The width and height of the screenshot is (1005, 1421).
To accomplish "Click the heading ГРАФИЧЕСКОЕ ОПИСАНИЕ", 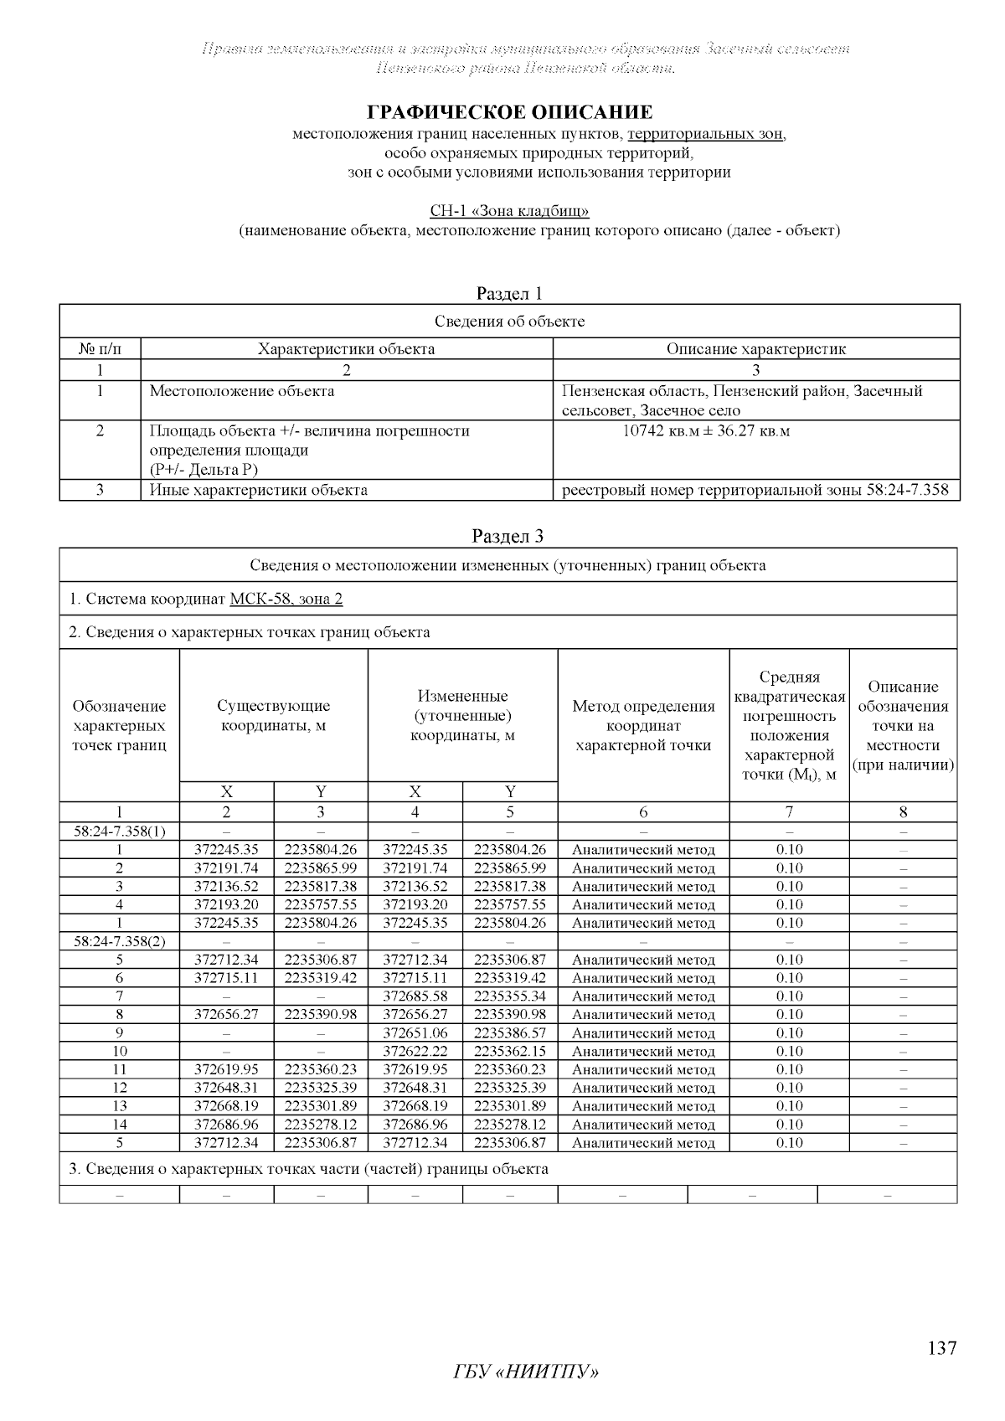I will [510, 112].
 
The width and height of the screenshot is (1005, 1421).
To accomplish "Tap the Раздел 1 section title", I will [509, 293].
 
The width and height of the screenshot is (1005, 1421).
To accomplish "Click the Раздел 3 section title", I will [509, 536].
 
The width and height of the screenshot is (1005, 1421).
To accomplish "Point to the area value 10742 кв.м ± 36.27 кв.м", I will [707, 431].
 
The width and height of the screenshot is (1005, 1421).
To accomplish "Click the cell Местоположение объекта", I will [242, 391].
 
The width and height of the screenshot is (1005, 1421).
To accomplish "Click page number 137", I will [942, 1349].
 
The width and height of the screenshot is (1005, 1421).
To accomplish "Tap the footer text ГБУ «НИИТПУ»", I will [527, 1373].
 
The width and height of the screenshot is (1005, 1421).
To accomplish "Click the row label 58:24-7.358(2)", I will [119, 941].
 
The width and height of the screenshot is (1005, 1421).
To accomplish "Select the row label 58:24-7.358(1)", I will [119, 831].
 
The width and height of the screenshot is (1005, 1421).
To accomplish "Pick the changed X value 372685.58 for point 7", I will [415, 996].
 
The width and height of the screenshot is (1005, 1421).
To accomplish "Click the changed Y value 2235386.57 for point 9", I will [510, 1033].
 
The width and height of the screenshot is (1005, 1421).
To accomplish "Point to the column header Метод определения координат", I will [643, 725].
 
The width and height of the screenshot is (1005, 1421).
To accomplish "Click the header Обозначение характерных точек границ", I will [119, 725].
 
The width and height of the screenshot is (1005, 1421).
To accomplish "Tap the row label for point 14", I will [119, 1125].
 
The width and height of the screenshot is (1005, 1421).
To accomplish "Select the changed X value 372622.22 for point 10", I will [415, 1052].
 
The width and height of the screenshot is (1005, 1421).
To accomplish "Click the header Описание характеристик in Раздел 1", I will [755, 349].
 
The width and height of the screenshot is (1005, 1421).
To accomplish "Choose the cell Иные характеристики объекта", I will [258, 490].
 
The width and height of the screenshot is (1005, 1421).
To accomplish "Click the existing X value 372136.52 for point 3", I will [226, 886].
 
